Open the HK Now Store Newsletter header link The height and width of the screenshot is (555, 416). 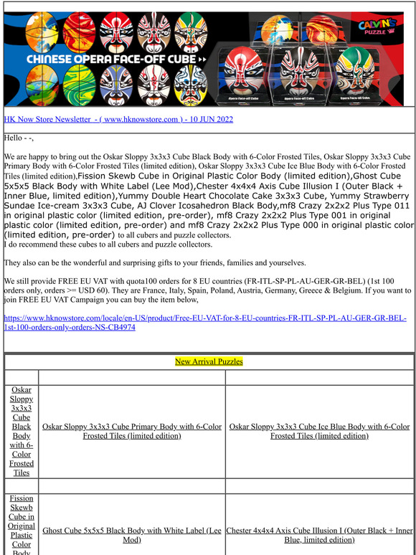pos(118,119)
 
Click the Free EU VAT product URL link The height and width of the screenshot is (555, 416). pos(205,322)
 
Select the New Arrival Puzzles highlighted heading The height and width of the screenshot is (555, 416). pos(209,361)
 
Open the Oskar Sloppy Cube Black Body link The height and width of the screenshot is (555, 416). pos(22,431)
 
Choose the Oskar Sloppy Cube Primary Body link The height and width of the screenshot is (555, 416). pos(132,431)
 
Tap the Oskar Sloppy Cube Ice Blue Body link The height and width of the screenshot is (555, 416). pos(319,431)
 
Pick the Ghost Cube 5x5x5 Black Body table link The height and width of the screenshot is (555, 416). pos(132,535)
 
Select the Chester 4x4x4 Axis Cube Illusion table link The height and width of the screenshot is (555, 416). pos(319,535)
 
